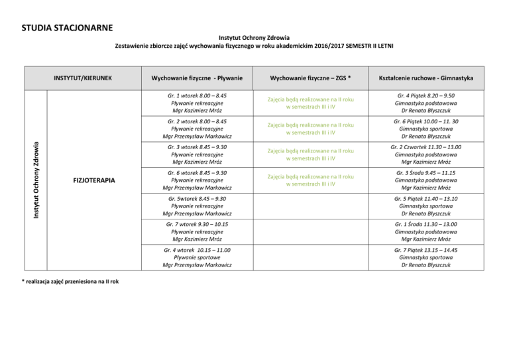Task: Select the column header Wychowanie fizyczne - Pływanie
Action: click(x=197, y=79)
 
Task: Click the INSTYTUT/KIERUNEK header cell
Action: click(x=82, y=79)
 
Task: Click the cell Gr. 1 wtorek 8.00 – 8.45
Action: click(x=197, y=104)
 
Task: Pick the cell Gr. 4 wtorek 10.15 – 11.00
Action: click(x=197, y=257)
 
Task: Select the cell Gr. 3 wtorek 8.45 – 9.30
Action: click(x=197, y=154)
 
